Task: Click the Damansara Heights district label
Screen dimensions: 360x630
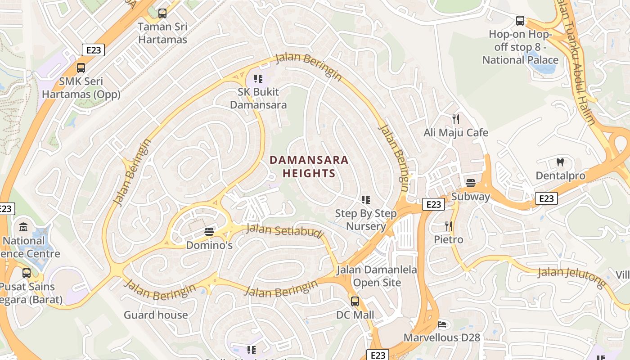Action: (309, 166)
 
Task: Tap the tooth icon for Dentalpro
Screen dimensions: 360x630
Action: (560, 162)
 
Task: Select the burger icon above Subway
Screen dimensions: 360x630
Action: (471, 183)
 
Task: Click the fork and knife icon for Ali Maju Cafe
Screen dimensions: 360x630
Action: (456, 119)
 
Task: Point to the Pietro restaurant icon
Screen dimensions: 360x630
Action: (448, 226)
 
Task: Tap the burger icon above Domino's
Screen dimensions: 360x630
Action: (209, 232)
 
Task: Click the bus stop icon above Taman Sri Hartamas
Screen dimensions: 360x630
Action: (162, 13)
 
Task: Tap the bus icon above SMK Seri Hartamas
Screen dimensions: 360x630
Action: (81, 68)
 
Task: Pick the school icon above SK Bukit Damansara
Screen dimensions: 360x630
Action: (258, 79)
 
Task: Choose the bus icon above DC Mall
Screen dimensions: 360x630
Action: (355, 301)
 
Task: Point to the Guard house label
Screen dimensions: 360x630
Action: (156, 315)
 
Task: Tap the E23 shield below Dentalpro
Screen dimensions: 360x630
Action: (546, 198)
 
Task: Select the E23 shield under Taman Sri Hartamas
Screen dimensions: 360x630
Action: (93, 50)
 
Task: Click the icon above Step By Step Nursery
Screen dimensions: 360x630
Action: (366, 199)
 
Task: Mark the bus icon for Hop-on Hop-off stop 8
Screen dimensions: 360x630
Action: (520, 21)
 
